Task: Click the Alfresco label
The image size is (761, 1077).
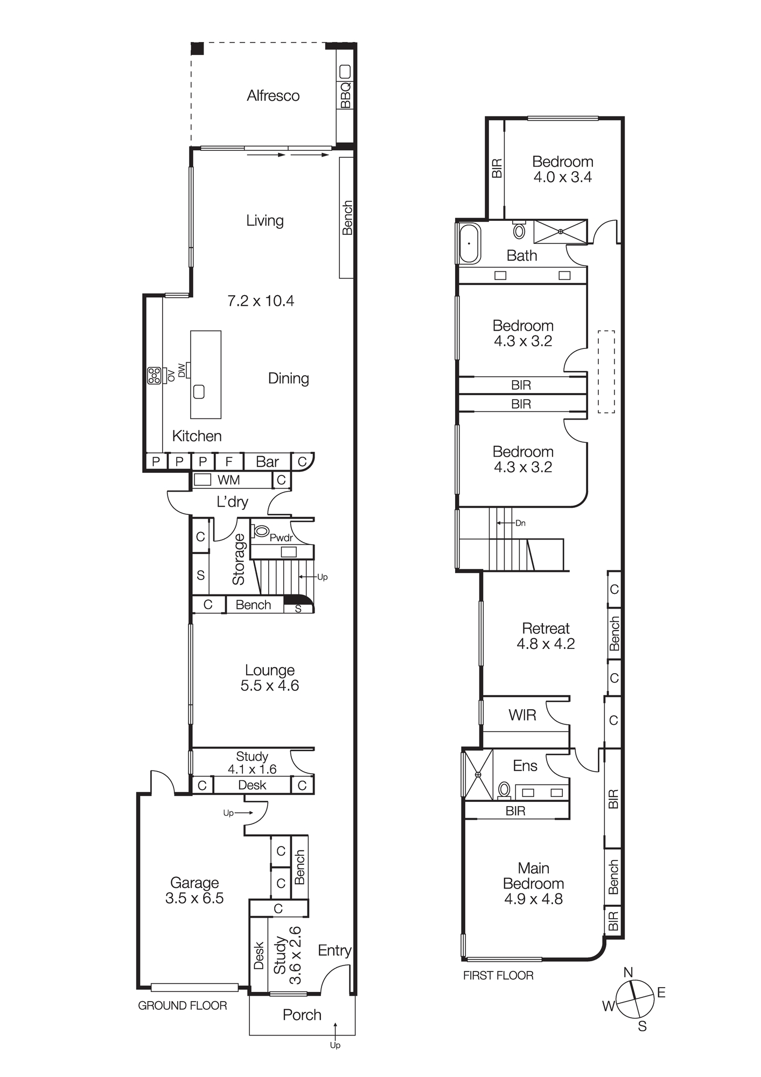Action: click(273, 96)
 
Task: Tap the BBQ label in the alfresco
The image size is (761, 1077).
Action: click(345, 94)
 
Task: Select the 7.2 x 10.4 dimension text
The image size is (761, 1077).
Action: click(261, 300)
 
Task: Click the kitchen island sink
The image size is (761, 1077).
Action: click(199, 391)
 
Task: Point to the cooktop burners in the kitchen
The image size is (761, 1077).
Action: click(154, 375)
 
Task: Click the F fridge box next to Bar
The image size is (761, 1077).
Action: click(229, 461)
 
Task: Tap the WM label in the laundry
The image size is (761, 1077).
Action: click(228, 480)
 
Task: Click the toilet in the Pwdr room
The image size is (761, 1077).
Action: click(261, 531)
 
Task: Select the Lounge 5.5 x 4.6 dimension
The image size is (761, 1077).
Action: click(269, 686)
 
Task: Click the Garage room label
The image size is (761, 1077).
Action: click(194, 883)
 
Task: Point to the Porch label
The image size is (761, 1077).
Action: click(302, 1015)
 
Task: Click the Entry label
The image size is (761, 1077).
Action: click(334, 950)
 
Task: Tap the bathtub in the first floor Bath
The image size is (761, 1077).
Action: click(469, 243)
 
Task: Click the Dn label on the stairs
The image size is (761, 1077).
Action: click(520, 523)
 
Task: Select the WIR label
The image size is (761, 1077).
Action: click(522, 715)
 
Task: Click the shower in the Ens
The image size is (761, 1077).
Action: click(478, 774)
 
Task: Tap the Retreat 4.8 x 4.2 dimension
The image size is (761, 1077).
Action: click(546, 644)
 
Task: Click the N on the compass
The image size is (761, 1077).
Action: click(628, 972)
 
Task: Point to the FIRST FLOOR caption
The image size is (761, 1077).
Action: click(498, 975)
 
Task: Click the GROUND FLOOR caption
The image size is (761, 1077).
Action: click(183, 1005)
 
